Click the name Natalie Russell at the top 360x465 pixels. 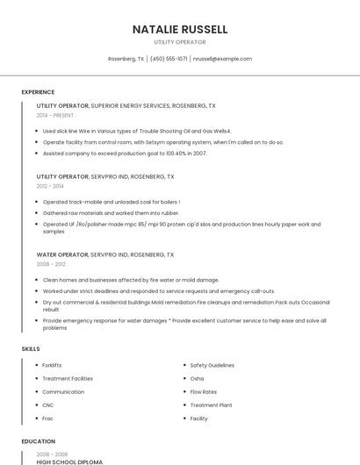click(180, 29)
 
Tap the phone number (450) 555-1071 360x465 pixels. click(169, 59)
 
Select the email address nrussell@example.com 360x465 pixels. click(222, 59)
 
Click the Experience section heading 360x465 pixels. click(38, 92)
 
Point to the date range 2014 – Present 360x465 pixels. click(55, 115)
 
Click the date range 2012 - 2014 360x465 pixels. click(50, 186)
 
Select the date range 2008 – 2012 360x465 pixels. click(51, 264)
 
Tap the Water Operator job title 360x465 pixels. click(61, 254)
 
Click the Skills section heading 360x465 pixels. click(31, 349)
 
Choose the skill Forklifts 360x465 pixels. click(52, 365)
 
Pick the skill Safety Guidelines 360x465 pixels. click(212, 365)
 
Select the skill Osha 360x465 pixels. click(197, 378)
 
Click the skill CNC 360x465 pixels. click(48, 405)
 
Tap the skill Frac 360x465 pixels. click(48, 418)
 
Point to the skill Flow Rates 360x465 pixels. click(204, 391)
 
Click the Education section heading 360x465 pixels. click(38, 442)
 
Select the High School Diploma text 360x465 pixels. click(69, 461)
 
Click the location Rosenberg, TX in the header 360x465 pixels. click(126, 59)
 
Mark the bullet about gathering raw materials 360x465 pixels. click(111, 213)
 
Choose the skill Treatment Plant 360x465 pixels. click(211, 405)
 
